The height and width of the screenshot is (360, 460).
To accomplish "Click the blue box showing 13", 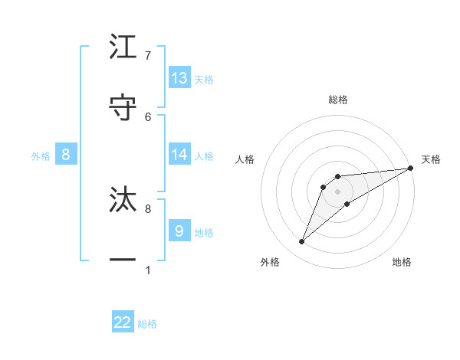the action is coord(179,77).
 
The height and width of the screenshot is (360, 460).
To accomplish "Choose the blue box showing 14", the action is coord(179,155).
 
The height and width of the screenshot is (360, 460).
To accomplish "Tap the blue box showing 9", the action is coord(179,231).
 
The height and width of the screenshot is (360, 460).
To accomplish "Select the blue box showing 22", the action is coord(123,322).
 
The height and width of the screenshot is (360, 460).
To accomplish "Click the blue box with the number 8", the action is coord(66,155).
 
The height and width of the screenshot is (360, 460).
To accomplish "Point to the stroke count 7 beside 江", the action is coord(148,56).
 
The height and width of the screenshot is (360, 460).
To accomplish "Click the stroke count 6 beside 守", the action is coord(148,116).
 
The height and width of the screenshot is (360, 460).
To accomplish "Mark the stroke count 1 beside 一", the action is coord(148,270).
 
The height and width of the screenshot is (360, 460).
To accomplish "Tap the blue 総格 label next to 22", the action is coord(147,324).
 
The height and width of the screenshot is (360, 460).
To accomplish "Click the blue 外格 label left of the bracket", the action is coord(41,155).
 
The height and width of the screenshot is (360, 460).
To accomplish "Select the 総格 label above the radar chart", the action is coord(337,100).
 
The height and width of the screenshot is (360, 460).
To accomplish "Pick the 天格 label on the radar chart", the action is coord(431,159).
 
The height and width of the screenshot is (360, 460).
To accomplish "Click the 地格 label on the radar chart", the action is coord(402,262).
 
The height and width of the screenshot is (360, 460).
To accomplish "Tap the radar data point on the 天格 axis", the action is coord(410,168).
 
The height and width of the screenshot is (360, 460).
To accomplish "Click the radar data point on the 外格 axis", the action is coord(302,242).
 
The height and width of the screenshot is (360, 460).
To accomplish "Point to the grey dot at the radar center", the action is coord(337,191).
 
